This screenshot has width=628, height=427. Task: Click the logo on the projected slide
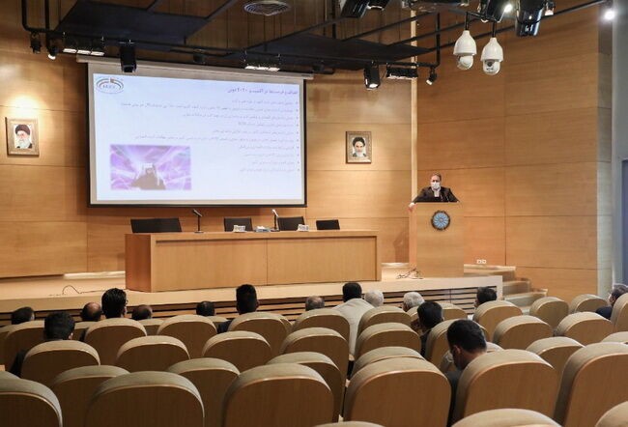(109, 86)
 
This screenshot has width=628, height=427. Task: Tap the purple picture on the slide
(150, 166)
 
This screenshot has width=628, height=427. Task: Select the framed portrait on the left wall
(22, 136)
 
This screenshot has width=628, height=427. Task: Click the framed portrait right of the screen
(357, 147)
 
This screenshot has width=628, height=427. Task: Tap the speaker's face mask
(435, 184)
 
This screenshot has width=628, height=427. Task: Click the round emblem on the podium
(441, 220)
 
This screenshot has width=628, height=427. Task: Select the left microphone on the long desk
(198, 219)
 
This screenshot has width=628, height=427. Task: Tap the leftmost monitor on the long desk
(156, 225)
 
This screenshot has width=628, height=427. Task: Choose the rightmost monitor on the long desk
(328, 224)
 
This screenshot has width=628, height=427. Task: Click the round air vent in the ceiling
(266, 8)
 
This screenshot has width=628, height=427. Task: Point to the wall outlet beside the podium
(480, 261)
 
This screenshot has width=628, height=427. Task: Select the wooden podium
(436, 240)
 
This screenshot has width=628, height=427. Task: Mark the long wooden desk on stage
(251, 260)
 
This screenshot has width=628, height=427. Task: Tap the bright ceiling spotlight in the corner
(608, 14)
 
